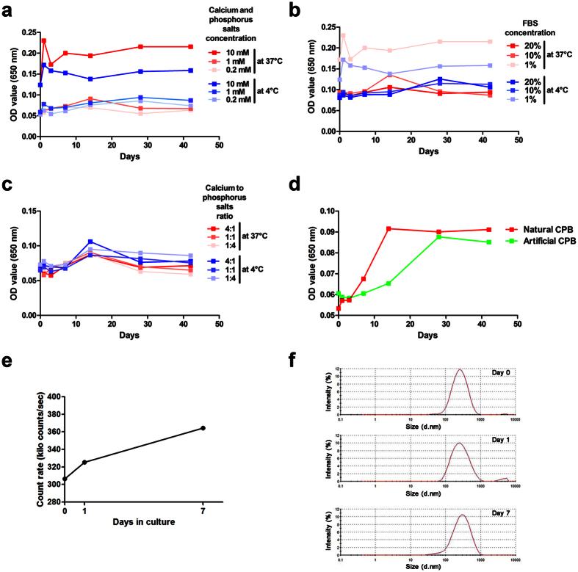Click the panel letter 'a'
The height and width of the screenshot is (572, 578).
[x=10, y=9]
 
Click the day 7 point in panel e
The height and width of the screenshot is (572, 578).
[x=203, y=428]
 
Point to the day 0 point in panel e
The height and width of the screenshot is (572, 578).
[x=65, y=479]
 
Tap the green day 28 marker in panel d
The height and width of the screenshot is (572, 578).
[x=438, y=236]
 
